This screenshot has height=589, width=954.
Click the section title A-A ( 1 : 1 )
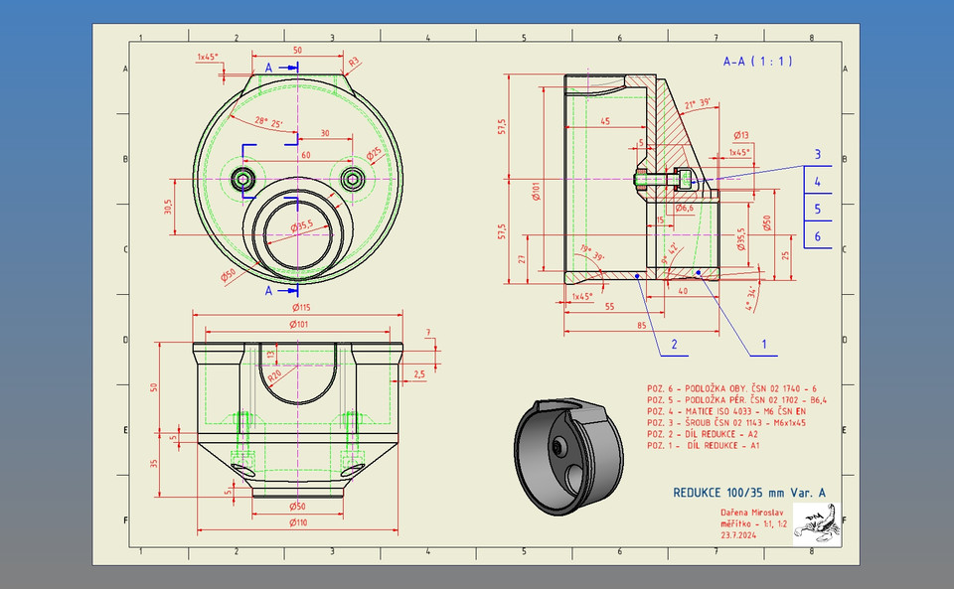click(x=757, y=61)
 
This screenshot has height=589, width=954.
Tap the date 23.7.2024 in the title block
click(x=741, y=534)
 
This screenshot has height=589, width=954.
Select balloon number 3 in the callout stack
click(x=817, y=154)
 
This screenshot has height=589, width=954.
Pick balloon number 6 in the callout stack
click(x=817, y=236)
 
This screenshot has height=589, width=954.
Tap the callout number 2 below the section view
click(x=674, y=345)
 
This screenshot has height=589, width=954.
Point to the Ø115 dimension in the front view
click(x=298, y=309)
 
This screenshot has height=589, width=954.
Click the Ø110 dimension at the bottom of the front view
click(x=297, y=522)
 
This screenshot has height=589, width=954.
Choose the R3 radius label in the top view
click(x=354, y=61)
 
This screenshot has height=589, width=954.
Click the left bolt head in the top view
click(x=243, y=179)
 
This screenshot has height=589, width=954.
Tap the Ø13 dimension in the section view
click(x=740, y=134)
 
